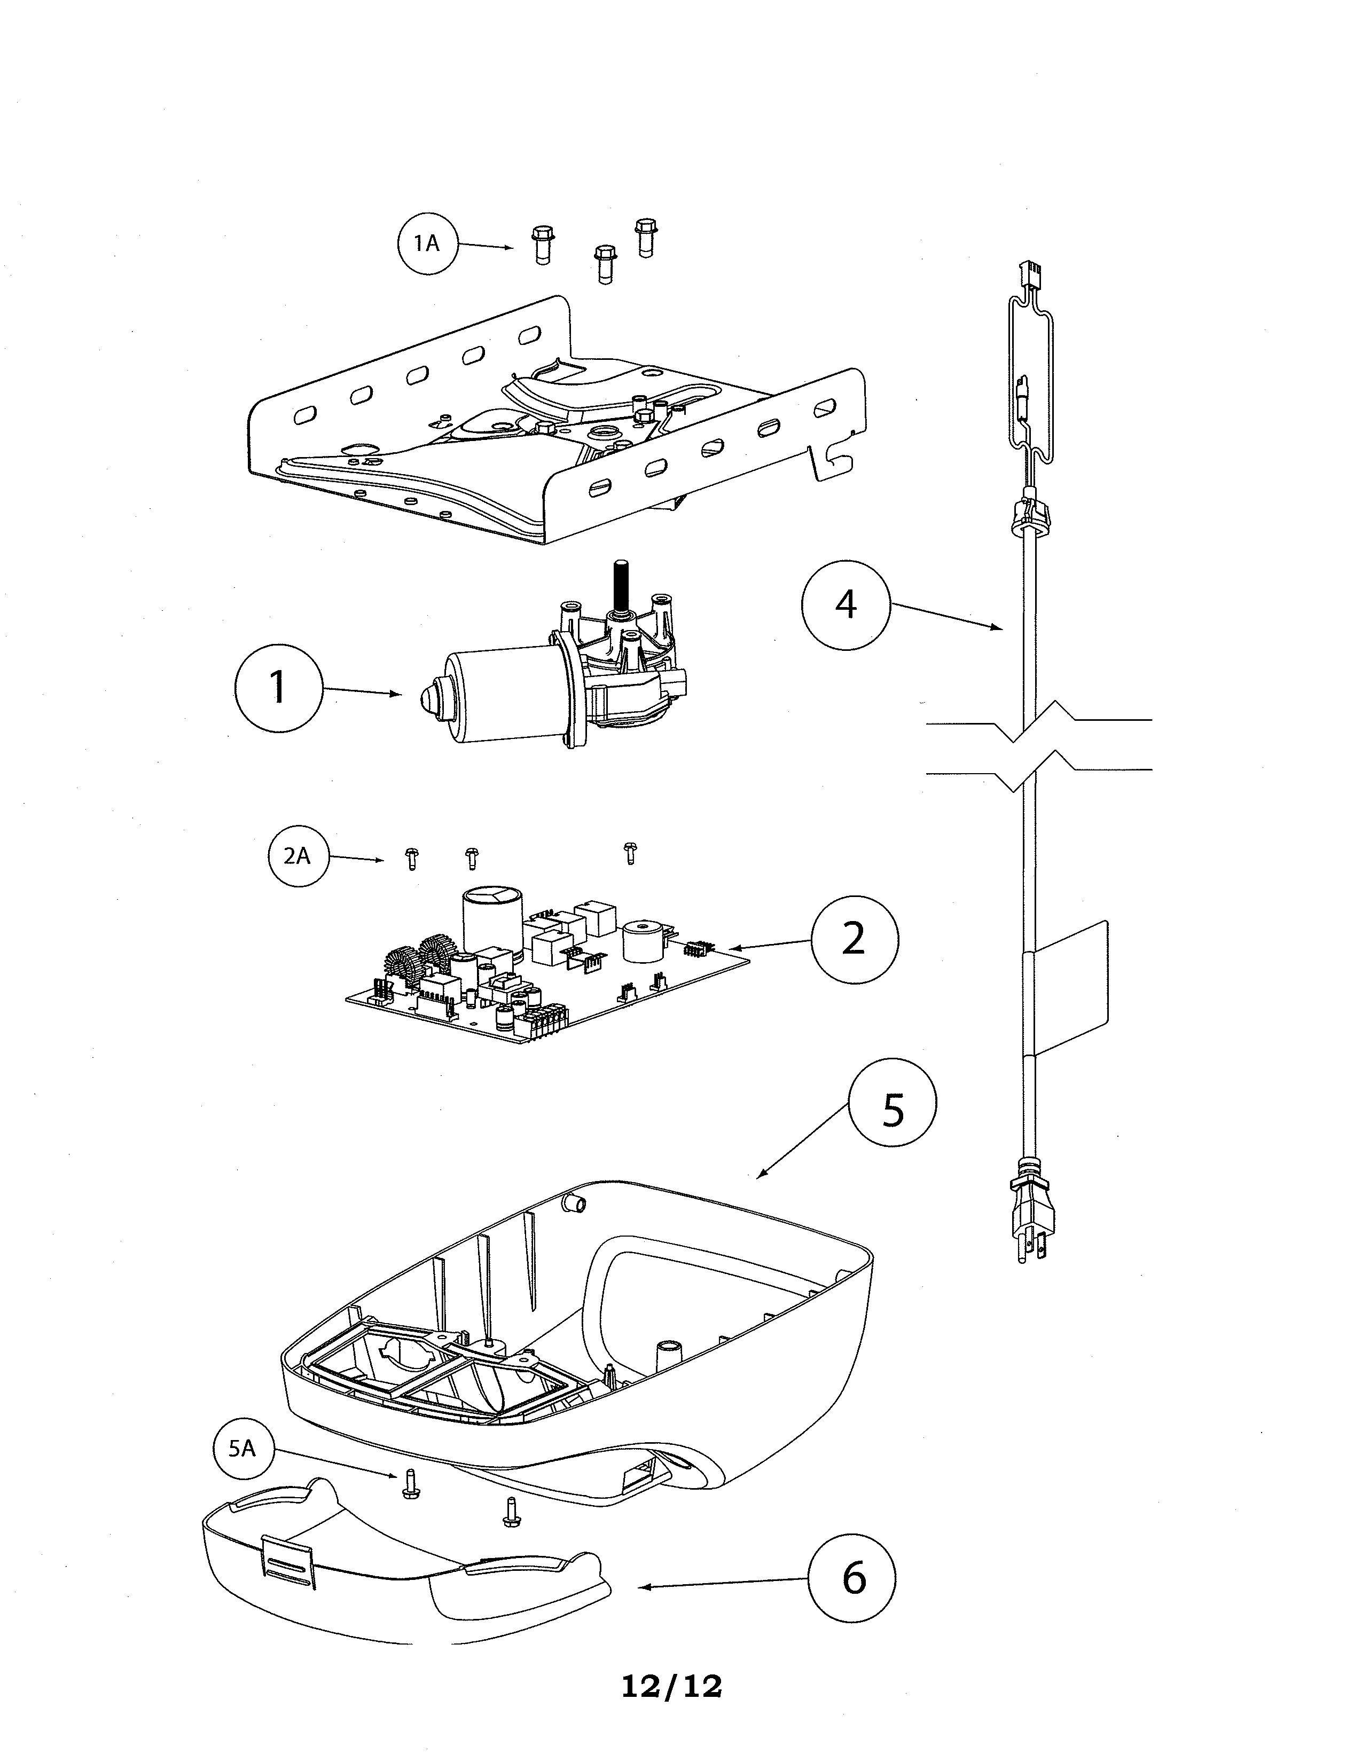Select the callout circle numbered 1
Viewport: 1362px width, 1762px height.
[x=278, y=687]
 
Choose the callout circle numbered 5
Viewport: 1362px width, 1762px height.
[x=893, y=1111]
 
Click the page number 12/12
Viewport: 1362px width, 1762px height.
[x=671, y=1686]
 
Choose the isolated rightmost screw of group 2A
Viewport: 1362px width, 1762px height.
[x=630, y=853]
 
